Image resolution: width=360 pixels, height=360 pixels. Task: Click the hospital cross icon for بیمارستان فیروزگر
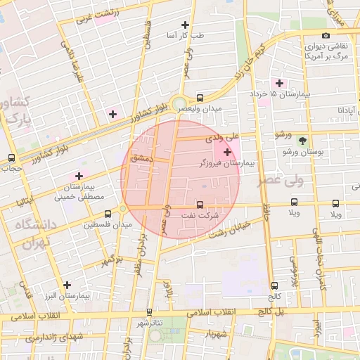point(226,152)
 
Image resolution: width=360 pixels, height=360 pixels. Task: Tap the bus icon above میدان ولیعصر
point(200,98)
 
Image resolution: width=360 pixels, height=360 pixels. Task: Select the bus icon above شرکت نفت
point(200,205)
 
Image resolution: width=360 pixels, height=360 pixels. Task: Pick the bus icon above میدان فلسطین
point(108,214)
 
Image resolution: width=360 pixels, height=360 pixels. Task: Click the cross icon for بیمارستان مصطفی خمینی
point(79,176)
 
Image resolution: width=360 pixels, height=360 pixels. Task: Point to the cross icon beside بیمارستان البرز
point(67,285)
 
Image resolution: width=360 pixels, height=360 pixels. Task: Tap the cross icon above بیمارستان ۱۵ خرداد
point(281,83)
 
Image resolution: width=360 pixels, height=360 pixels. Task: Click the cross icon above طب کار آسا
point(186,25)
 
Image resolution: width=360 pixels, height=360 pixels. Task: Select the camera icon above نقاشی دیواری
point(326,35)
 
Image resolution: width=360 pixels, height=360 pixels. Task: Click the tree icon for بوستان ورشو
point(302,141)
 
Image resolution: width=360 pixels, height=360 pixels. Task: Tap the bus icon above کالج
point(274,285)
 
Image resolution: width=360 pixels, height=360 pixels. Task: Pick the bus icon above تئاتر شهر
point(149,312)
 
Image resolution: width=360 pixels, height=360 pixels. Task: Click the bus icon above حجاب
point(11,157)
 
